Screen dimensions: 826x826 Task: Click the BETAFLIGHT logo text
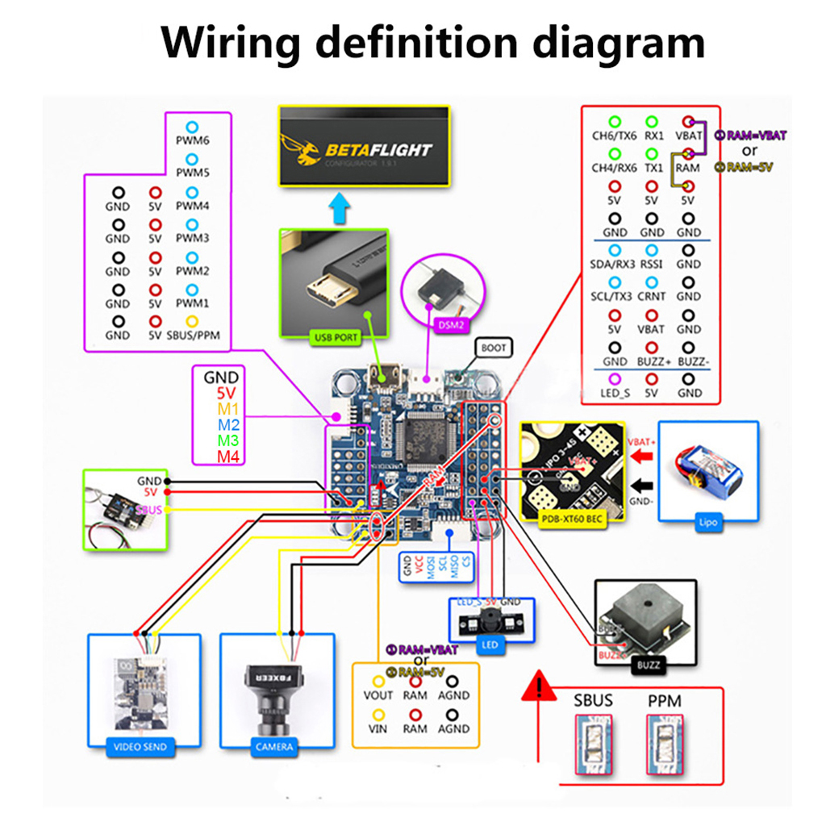(378, 150)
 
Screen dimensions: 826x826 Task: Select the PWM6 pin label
(192, 140)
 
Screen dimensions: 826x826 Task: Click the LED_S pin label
(615, 393)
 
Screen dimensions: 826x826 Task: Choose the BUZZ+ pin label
(651, 361)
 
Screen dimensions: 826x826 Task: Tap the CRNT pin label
(651, 296)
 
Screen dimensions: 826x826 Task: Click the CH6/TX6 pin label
(615, 136)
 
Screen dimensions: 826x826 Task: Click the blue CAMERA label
(274, 747)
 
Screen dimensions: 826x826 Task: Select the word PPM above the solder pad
(665, 701)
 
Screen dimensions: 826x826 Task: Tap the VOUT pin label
(378, 695)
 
